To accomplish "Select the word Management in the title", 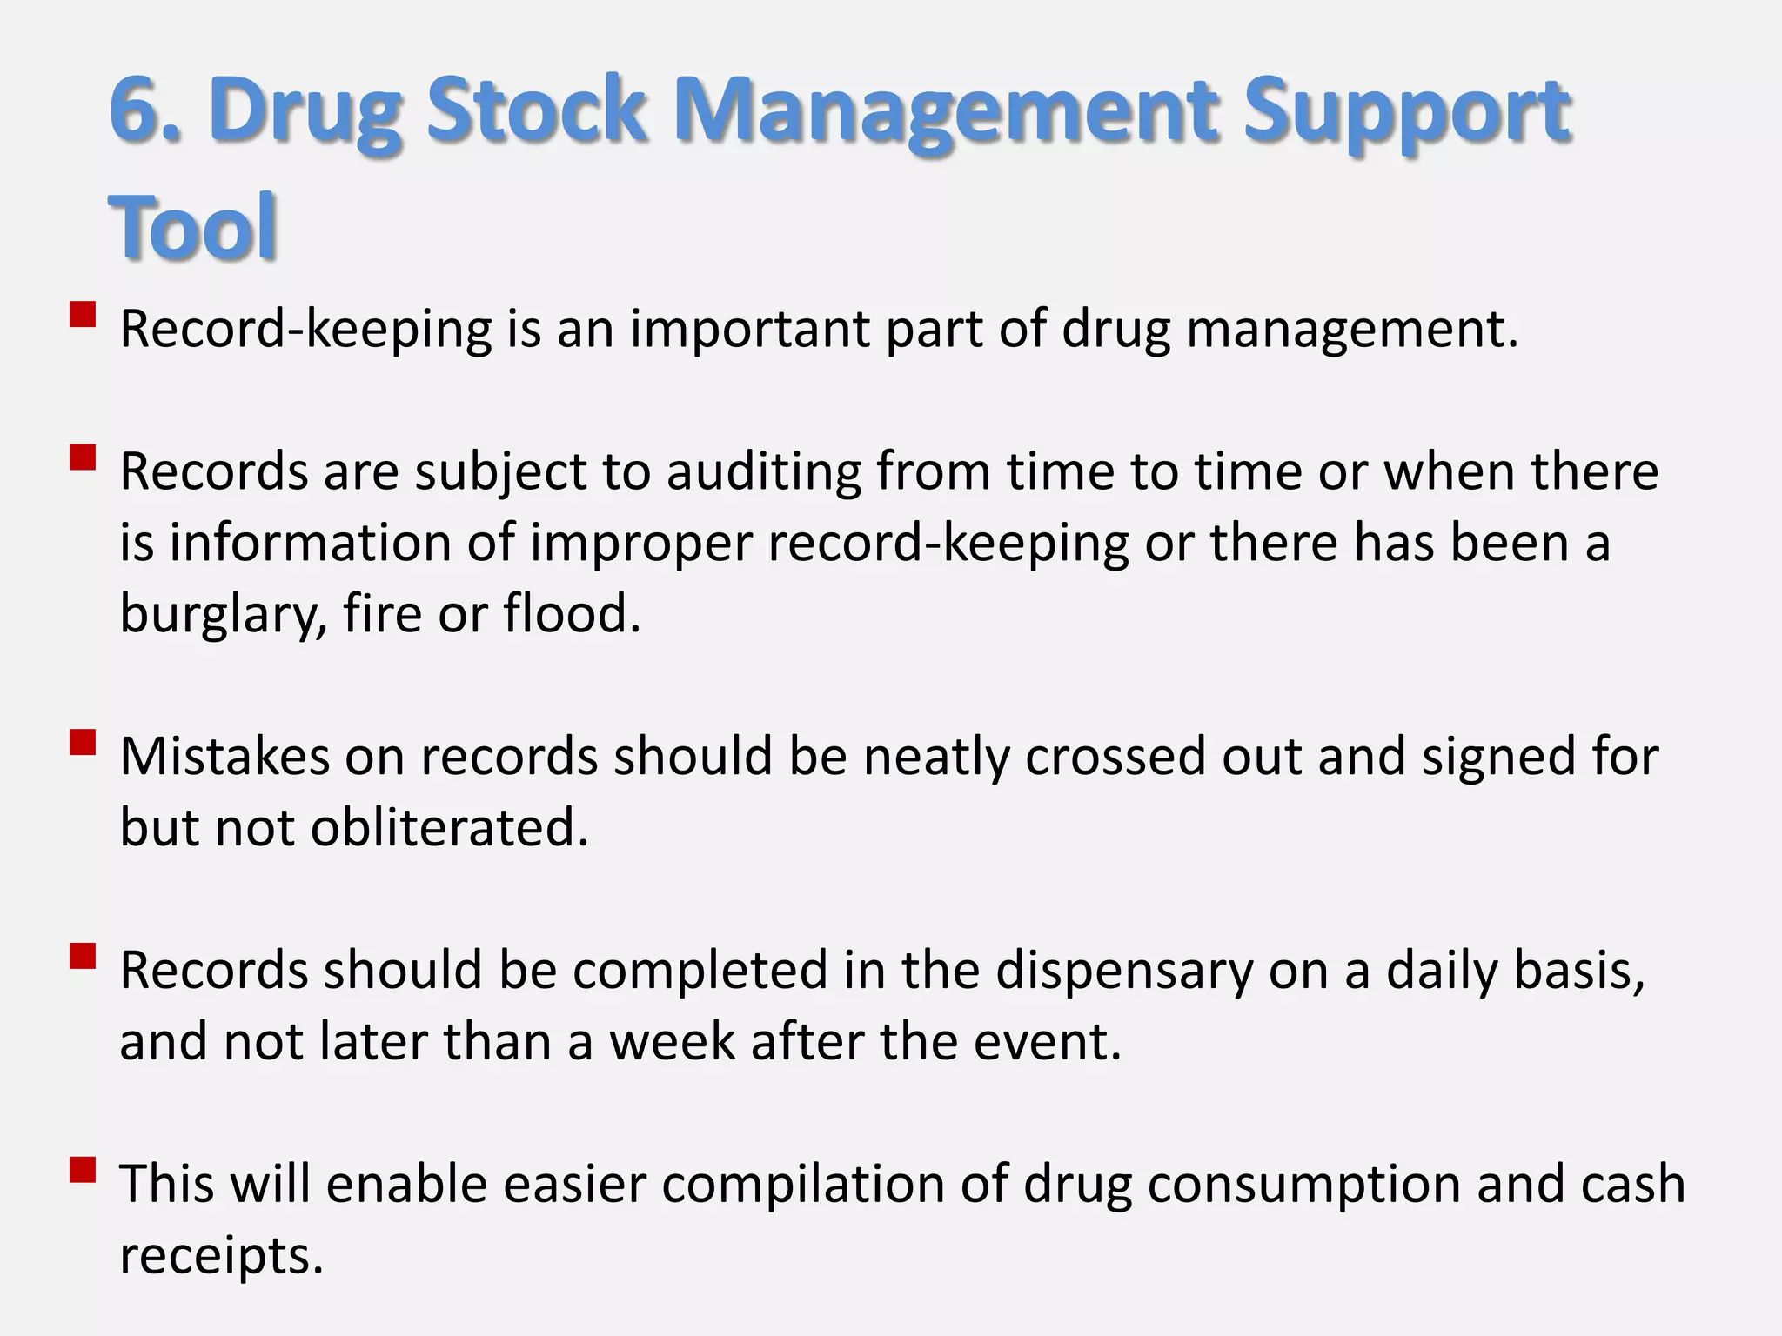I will tap(946, 110).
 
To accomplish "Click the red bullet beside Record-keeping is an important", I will tap(83, 314).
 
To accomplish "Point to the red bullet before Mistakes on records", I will tap(83, 742).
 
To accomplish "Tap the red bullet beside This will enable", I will tap(83, 1170).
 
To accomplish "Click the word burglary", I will tap(223, 614).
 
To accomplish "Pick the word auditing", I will tap(763, 471).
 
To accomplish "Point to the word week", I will tap(672, 1041).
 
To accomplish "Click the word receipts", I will tap(221, 1257).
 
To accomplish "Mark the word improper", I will tap(641, 544).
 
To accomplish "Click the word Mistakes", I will tap(224, 756).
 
